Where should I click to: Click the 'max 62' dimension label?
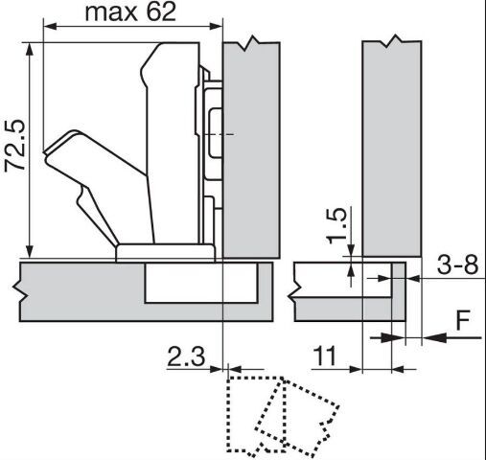[130, 12]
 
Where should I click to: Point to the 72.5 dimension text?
[14, 146]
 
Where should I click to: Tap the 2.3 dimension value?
[186, 356]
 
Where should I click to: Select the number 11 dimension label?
[325, 356]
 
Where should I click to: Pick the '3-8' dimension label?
[457, 264]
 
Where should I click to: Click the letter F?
[463, 320]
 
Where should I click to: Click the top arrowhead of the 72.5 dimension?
[30, 50]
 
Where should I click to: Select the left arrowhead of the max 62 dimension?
[50, 26]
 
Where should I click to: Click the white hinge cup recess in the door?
[201, 283]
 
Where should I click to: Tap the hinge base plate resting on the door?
[166, 253]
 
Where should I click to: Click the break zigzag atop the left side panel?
[251, 43]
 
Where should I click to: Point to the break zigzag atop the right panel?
[392, 41]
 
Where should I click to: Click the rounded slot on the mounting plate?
[216, 133]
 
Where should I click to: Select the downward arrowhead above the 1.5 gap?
[351, 250]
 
